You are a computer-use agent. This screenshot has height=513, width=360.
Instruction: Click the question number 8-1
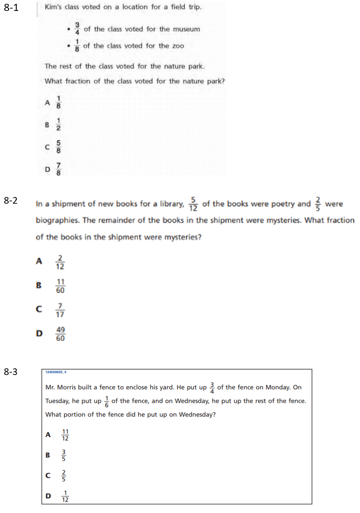11,9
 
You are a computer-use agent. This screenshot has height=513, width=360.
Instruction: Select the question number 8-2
11,201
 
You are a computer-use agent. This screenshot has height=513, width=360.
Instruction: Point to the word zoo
177,46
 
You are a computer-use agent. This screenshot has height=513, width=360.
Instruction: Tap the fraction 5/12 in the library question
193,204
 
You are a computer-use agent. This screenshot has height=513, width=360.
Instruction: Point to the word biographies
55,221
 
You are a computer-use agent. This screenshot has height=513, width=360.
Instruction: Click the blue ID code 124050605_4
55,373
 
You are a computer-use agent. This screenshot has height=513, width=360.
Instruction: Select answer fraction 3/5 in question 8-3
64,455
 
